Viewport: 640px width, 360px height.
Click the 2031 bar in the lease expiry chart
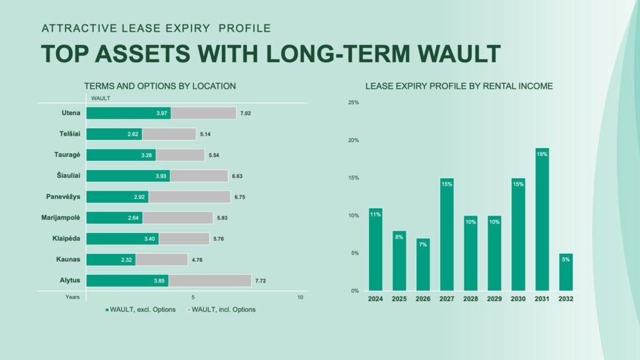pyautogui.click(x=542, y=219)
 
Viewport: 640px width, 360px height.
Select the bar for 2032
pyautogui.click(x=566, y=272)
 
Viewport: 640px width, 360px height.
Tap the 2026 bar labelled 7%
pyautogui.click(x=423, y=264)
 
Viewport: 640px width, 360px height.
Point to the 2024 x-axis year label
pyautogui.click(x=375, y=299)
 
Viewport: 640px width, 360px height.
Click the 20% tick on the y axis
pyautogui.click(x=354, y=140)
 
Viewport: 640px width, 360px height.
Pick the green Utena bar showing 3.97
pyautogui.click(x=129, y=113)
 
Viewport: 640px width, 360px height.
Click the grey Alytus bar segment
pyautogui.click(x=210, y=281)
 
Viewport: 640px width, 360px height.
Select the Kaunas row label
pyautogui.click(x=68, y=259)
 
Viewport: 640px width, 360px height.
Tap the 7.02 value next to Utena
pyautogui.click(x=245, y=114)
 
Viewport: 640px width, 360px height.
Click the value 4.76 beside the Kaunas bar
pyautogui.click(x=197, y=259)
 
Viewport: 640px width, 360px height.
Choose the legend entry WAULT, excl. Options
pyautogui.click(x=141, y=309)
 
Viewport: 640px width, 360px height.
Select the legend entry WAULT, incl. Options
pyautogui.click(x=221, y=309)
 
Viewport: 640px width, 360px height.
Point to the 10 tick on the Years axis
pyautogui.click(x=300, y=297)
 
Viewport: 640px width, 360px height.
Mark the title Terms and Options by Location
pyautogui.click(x=160, y=86)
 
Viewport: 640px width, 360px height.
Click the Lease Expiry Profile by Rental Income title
pyautogui.click(x=459, y=86)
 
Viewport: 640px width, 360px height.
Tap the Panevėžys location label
pyautogui.click(x=63, y=197)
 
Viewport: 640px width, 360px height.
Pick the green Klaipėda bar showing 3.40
pyautogui.click(x=122, y=239)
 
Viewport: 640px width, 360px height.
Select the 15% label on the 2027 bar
pyautogui.click(x=446, y=184)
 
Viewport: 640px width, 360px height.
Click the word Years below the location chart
pyautogui.click(x=72, y=297)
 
